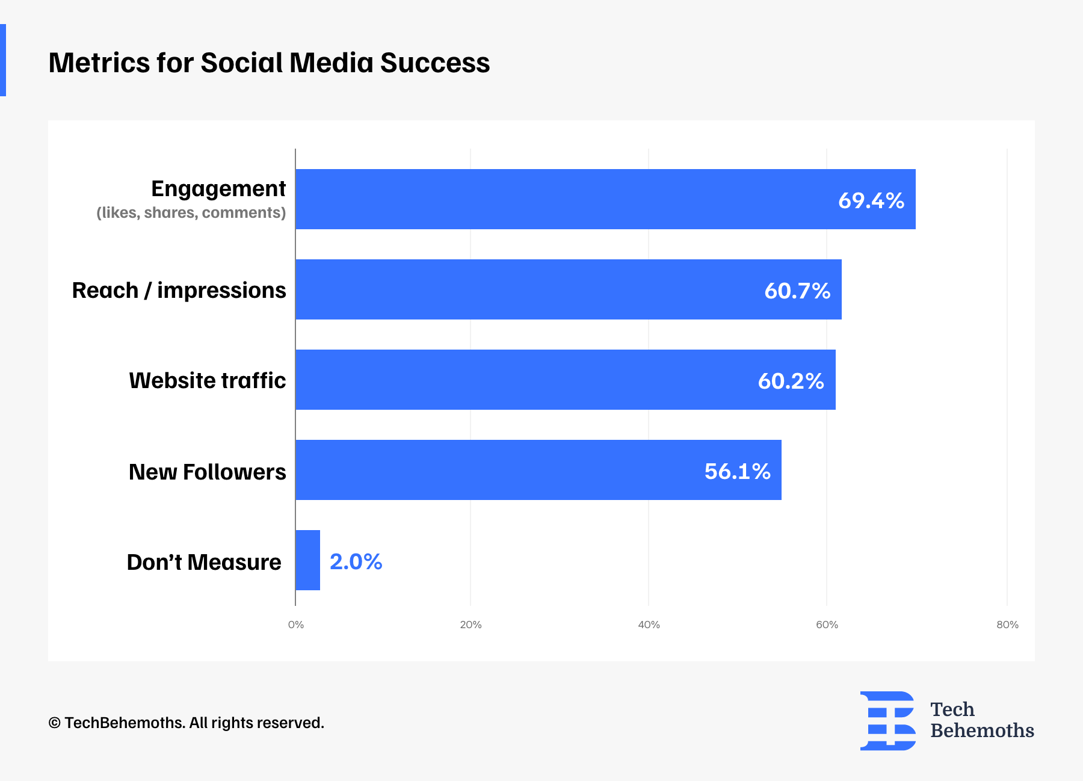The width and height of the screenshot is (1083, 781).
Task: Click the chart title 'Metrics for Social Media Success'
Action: coord(269,63)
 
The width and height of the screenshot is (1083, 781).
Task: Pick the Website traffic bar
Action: coord(565,380)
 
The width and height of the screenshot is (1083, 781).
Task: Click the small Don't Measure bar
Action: coord(307,560)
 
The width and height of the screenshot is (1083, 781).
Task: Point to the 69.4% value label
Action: coord(871,200)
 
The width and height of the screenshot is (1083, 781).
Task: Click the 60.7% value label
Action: coord(797,291)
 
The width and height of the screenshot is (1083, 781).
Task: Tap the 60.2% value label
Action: coord(791,381)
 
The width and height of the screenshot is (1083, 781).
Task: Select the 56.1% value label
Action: coord(737,471)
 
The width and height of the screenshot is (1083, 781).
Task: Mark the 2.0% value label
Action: coord(356,561)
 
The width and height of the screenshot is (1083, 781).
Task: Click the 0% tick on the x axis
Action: coord(295,625)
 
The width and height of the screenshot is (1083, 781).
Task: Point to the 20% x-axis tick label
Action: coord(471,625)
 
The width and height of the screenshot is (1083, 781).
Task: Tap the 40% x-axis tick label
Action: coord(649,625)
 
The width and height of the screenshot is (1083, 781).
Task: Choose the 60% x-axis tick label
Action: coord(827,625)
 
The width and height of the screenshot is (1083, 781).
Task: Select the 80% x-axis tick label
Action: coord(1007,625)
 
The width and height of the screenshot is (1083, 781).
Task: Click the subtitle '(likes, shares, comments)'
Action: coord(191,212)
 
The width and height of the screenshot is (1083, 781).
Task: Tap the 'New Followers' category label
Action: coord(207,472)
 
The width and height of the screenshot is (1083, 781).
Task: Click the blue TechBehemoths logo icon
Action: coord(887,721)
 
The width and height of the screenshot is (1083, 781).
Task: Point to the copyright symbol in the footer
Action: coord(54,723)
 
